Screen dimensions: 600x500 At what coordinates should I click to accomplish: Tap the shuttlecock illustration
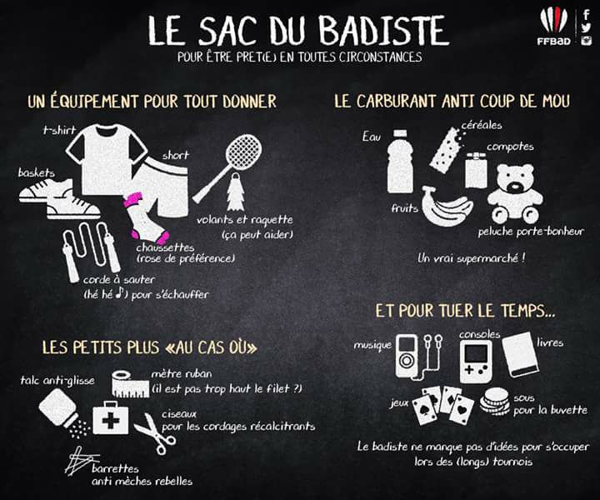234,192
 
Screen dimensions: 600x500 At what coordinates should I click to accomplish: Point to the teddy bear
515,194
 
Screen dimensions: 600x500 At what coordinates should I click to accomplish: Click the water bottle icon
400,161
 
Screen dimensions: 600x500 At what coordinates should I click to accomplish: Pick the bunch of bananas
446,207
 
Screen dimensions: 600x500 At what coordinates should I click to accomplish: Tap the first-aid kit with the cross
111,418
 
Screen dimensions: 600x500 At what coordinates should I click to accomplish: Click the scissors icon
155,433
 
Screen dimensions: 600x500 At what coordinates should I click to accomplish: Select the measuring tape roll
130,383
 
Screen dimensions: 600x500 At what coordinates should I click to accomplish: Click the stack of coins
495,401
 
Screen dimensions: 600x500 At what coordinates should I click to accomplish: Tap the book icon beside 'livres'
521,355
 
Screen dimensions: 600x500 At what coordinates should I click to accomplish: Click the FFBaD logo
553,27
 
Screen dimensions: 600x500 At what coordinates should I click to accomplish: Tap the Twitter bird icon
586,27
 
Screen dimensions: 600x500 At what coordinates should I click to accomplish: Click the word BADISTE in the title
383,31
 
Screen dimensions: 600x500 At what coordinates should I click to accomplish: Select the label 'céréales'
482,125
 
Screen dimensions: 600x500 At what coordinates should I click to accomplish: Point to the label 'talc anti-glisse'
57,380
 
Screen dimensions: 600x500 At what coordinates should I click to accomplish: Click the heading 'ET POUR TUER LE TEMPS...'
465,311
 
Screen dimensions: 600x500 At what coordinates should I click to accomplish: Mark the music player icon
419,357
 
